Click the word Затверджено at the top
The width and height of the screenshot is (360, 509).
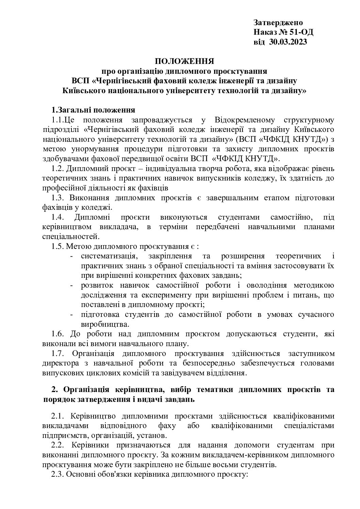tap(278, 23)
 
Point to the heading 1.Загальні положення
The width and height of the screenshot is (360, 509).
tap(93, 110)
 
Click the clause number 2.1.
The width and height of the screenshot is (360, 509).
tap(58, 416)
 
